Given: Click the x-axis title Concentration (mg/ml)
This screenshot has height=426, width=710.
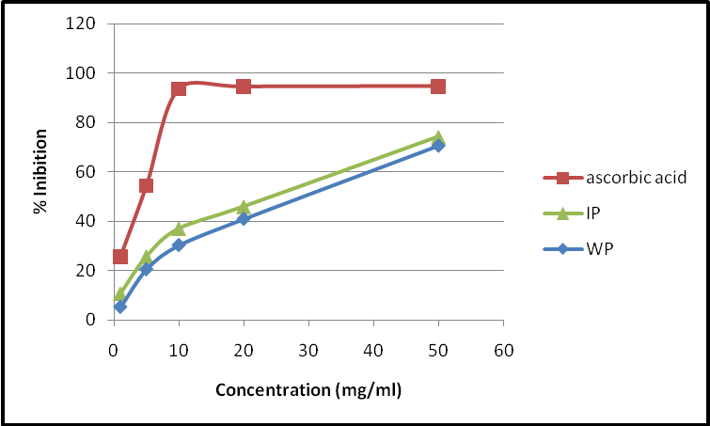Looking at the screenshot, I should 308,389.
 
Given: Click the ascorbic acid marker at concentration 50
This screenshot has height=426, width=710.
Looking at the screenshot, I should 438,87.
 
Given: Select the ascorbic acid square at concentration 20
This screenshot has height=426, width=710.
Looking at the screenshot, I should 244,87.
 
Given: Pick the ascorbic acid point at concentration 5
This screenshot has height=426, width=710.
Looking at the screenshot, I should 146,186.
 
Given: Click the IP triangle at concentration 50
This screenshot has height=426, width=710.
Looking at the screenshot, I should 438,137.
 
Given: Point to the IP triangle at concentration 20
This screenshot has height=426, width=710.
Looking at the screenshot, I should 244,207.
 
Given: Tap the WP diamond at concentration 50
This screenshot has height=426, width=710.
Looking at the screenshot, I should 438,146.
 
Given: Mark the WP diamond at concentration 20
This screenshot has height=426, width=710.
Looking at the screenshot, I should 244,219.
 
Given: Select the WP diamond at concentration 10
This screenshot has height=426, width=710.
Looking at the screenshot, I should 179,245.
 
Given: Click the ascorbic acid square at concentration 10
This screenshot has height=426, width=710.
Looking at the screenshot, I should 179,89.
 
